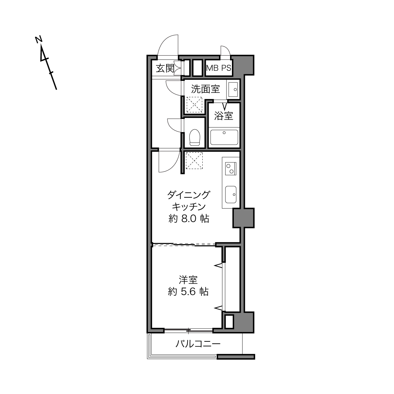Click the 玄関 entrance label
165,68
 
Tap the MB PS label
219,68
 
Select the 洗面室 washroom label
205,89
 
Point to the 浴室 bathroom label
223,116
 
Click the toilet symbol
194,137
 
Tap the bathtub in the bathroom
224,137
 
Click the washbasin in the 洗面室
233,89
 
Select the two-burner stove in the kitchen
231,169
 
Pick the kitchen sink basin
231,194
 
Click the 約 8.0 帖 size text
189,219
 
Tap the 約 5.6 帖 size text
188,291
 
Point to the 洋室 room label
188,280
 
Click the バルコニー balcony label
198,344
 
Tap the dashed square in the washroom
194,104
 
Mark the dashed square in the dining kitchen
194,161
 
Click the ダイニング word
189,195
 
